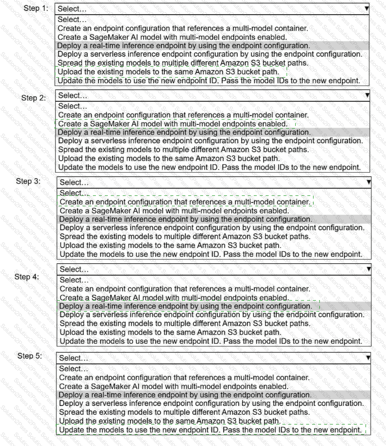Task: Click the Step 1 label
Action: pos(36,8)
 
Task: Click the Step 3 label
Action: pos(28,181)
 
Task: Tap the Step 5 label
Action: pos(29,356)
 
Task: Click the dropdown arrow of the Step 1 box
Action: pos(367,8)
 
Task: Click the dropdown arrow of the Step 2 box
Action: pos(367,95)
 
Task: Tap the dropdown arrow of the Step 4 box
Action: pos(369,269)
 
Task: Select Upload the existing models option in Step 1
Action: pos(168,72)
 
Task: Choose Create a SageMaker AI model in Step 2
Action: pos(172,124)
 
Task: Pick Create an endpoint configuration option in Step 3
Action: pos(185,202)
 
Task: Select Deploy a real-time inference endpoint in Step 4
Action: pos(186,306)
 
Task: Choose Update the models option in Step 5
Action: pos(210,430)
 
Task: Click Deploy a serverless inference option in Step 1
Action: pos(210,54)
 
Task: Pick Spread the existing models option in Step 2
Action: pos(183,149)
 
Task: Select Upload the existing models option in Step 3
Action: pos(170,245)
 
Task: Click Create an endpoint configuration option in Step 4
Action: pos(185,289)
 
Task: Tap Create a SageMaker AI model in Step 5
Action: pos(174,386)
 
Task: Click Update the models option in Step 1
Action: pos(208,81)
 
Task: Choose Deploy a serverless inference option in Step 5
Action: pos(211,403)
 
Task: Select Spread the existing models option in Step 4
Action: pos(185,323)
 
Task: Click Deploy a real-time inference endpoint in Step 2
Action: pos(184,132)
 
